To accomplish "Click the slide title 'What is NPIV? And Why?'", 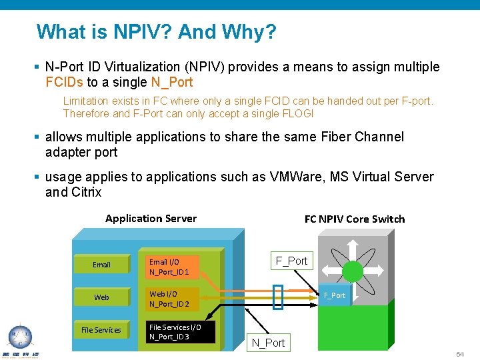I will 156,32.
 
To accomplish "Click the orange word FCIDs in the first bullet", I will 65,83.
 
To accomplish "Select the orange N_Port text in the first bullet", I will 172,83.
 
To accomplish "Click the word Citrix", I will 86,192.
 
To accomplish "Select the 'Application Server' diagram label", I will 151,219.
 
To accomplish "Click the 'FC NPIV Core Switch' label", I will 354,219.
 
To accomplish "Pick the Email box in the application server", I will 101,265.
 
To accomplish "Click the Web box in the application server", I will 101,297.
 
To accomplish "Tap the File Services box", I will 101,330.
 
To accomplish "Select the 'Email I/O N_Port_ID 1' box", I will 172,267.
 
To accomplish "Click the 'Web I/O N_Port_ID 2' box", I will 172,299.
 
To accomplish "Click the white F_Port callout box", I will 292,261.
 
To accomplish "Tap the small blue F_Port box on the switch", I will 334,295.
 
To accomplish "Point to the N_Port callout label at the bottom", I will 268,343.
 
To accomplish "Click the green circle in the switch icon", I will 353,270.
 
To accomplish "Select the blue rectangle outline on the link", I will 278,297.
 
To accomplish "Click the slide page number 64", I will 460,354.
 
